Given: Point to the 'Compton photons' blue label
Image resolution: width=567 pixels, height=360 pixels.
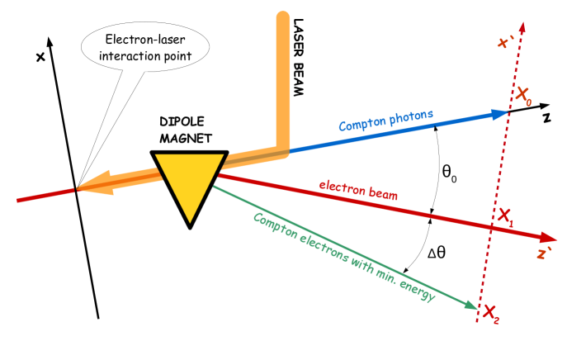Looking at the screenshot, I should [x=385, y=122].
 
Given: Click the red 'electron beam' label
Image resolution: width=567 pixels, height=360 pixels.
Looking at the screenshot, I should [x=364, y=190].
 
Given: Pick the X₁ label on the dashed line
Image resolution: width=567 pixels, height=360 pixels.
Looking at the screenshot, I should [x=503, y=218].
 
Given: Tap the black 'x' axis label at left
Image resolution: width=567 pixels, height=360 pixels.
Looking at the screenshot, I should [x=39, y=57].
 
